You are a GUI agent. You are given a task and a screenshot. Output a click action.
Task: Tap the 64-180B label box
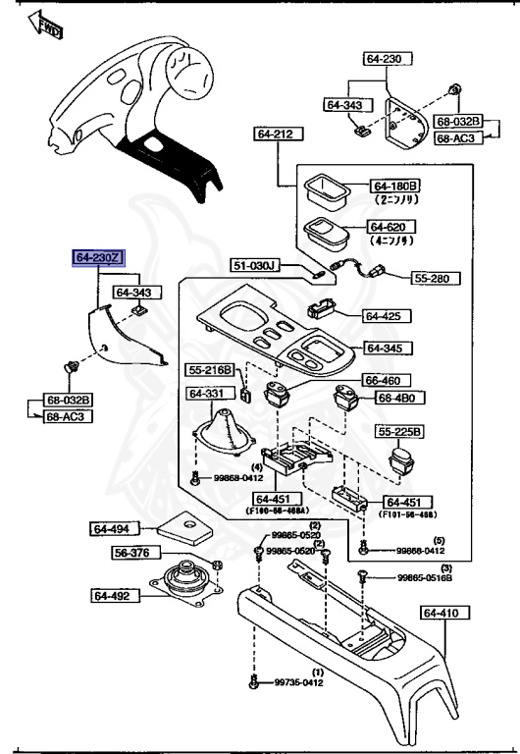(x=394, y=186)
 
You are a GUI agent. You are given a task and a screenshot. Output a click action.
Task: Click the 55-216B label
(x=211, y=370)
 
